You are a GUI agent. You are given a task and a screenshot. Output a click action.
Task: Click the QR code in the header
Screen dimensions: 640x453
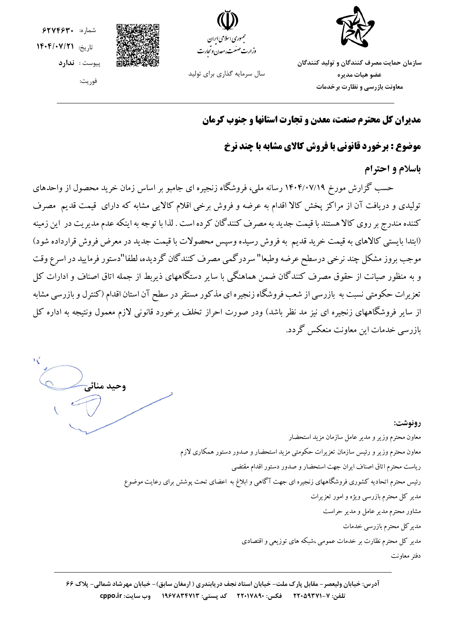coord(138,45)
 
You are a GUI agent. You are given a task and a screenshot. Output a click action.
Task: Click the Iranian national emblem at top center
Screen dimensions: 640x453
coord(228,20)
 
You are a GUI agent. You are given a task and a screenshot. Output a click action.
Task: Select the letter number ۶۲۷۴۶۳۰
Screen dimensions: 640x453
coord(58,30)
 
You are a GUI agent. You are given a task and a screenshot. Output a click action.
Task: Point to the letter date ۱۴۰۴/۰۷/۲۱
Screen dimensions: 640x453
coord(55,47)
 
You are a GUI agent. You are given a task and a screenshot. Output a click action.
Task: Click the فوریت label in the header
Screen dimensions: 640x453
coord(88,81)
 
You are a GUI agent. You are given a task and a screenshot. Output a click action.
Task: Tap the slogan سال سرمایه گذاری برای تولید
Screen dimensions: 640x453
coord(226,74)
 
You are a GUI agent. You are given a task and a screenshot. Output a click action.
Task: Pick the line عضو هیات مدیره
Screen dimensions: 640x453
coord(359,75)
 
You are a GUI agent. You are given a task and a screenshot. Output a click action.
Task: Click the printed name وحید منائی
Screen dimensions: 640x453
coord(105,386)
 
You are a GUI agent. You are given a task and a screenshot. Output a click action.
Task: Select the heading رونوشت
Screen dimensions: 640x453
coord(407,423)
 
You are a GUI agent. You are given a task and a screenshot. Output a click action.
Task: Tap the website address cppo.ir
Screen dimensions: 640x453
coord(111,596)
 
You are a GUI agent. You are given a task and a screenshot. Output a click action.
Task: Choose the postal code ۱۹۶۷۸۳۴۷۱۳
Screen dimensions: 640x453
coord(181,596)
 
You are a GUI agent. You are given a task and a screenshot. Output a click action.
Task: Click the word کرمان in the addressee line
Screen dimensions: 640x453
coord(213,120)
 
